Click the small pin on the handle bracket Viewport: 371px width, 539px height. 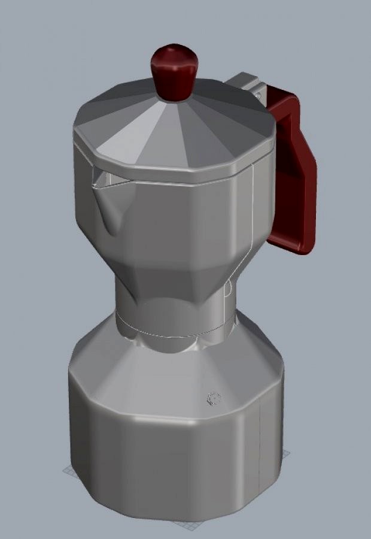[258, 94]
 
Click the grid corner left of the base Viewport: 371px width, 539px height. [66, 470]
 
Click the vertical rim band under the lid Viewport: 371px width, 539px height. [174, 171]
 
